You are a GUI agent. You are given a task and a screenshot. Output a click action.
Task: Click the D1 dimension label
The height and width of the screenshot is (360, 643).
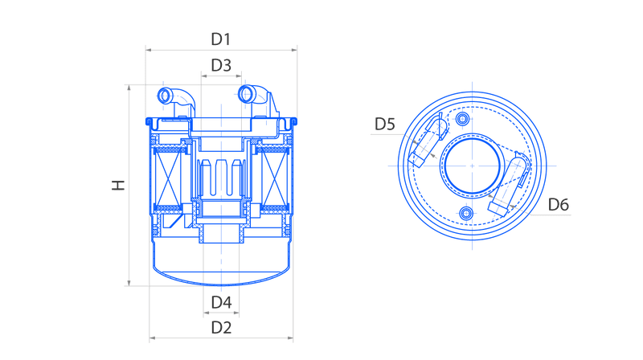(220, 39)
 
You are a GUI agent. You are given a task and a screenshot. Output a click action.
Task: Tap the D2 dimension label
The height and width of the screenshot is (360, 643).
(221, 328)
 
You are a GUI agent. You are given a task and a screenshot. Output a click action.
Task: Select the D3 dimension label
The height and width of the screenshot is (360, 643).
(221, 65)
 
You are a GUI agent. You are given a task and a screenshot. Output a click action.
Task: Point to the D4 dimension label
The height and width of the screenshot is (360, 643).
(221, 303)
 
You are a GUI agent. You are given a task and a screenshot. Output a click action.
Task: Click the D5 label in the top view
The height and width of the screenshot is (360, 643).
(385, 124)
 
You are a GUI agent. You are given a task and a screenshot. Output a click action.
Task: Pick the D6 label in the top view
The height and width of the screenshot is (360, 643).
(559, 205)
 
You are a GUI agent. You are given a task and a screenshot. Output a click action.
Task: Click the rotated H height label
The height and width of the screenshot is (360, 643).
(118, 186)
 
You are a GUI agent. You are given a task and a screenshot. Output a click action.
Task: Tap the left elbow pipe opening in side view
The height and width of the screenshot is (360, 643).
(165, 96)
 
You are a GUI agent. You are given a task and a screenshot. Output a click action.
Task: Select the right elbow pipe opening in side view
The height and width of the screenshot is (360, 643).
(247, 94)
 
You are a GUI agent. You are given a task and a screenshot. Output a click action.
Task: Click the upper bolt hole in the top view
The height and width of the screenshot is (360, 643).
(463, 119)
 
